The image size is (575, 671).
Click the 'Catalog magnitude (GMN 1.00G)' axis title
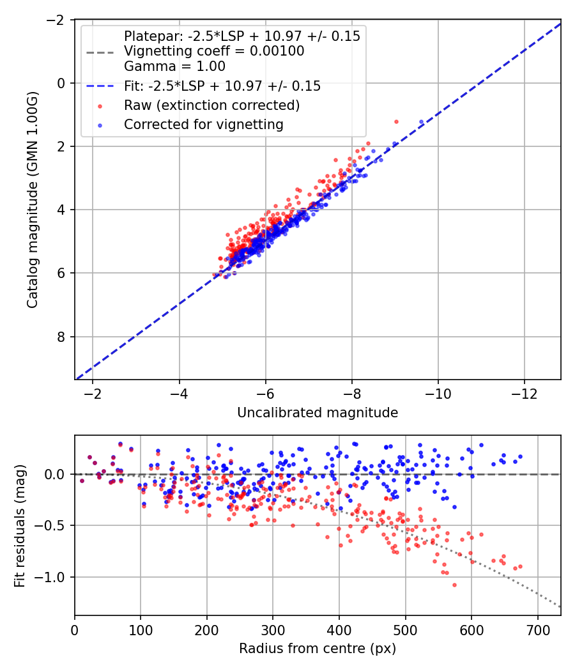33,199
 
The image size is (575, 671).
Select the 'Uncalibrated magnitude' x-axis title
318,413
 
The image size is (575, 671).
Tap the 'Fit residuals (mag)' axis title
20,526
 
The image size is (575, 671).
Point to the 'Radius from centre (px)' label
318,649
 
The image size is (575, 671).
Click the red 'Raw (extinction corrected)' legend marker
100,106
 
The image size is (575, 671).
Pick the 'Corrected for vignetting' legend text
204,125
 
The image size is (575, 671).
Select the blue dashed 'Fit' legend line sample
100,86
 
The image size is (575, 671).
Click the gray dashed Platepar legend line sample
100,52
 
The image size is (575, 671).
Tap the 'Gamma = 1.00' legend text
174,66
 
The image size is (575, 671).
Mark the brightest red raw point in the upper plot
396,122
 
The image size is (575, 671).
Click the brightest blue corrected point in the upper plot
422,122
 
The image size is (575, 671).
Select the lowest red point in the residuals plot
454,585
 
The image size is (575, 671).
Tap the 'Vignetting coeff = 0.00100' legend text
214,51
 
